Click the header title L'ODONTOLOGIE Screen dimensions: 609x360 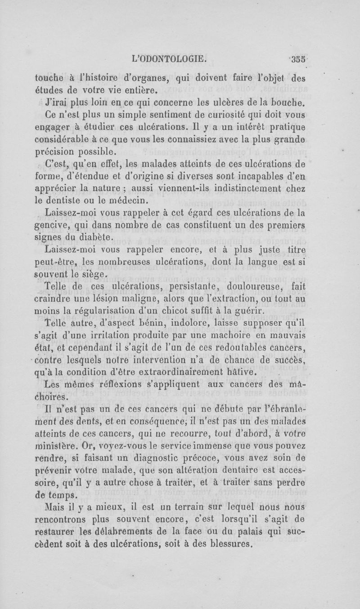coord(169,58)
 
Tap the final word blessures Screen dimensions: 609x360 coord(234,544)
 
